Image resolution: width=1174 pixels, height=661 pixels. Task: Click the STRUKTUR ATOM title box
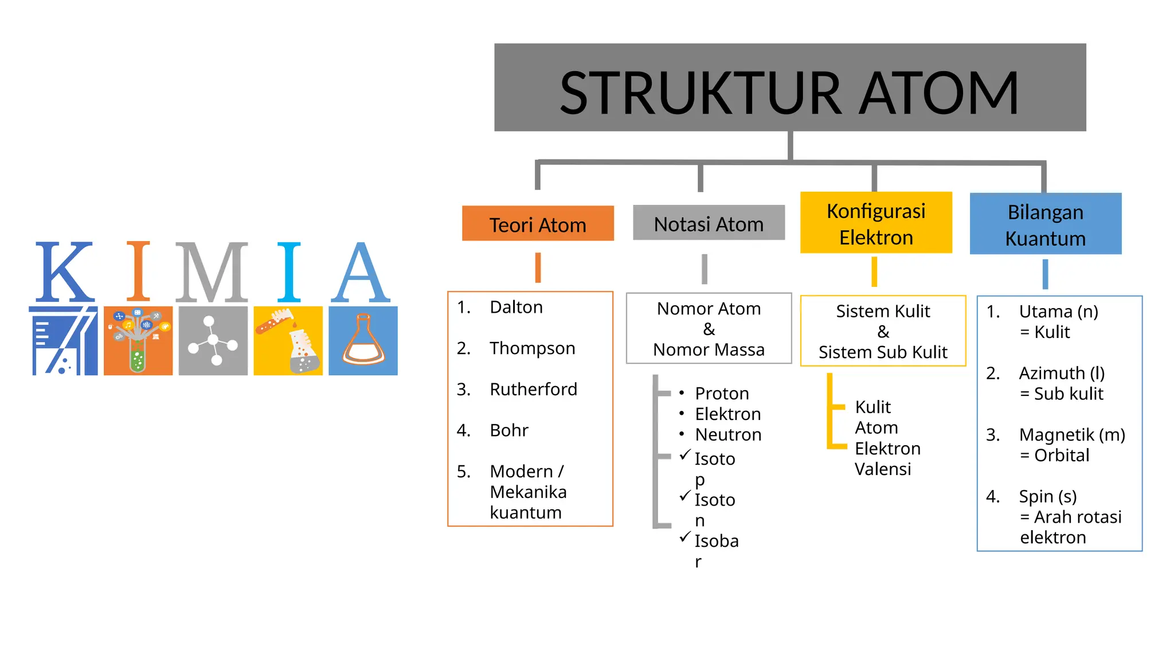(x=789, y=88)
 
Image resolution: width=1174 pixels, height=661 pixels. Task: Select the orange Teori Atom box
(x=537, y=224)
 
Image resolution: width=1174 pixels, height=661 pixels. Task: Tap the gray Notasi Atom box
(x=708, y=223)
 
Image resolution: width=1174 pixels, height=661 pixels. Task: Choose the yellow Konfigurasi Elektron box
(x=875, y=223)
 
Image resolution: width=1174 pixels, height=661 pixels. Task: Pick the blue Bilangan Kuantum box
(x=1045, y=224)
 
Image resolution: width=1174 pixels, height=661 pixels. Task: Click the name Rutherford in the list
(x=533, y=389)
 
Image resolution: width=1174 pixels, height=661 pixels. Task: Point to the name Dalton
(x=515, y=307)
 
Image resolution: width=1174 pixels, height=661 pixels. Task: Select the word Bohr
(x=508, y=430)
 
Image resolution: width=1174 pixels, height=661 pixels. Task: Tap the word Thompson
(x=531, y=348)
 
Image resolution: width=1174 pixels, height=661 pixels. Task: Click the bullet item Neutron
(x=727, y=434)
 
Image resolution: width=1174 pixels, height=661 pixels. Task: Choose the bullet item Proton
(x=721, y=393)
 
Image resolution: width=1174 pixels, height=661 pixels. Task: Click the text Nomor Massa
(x=708, y=349)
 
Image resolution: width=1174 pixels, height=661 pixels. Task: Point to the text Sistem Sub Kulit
(x=882, y=352)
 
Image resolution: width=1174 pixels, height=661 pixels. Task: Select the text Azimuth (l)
(x=1061, y=373)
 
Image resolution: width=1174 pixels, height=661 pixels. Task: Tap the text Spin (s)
(x=1047, y=496)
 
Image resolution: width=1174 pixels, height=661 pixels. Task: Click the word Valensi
(x=882, y=469)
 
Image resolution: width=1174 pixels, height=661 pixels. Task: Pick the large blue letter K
(x=64, y=273)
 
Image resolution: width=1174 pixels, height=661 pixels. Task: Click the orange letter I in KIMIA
(x=138, y=271)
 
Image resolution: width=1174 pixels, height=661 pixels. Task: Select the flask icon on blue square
(x=363, y=341)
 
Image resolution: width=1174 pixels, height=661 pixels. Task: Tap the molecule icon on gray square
(x=213, y=341)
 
